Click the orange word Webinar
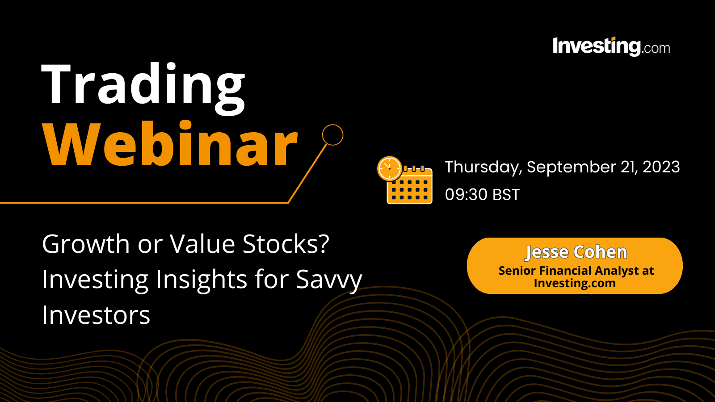pos(170,145)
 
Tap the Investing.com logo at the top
pos(611,46)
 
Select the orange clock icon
pos(389,169)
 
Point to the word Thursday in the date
pos(483,167)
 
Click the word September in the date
pos(571,167)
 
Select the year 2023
pos(661,167)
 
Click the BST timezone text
pos(506,195)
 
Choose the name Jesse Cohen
pos(576,252)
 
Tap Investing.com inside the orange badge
pos(574,283)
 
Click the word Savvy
pos(329,280)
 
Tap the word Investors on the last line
pos(96,315)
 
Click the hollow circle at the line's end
pos(332,135)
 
